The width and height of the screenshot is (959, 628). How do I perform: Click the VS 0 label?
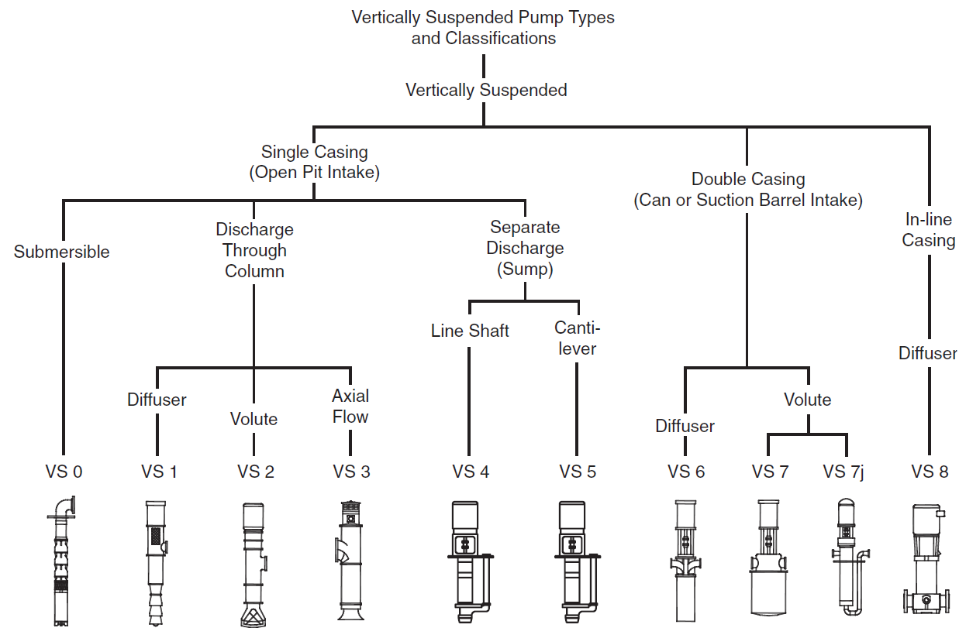[x=63, y=472]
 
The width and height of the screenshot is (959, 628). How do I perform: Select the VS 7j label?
[x=843, y=472]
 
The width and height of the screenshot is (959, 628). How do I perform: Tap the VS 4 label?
[x=471, y=472]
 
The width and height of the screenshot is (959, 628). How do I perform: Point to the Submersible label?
[x=62, y=252]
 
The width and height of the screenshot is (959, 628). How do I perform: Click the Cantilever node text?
[x=578, y=338]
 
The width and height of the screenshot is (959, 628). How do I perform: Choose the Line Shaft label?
[x=470, y=331]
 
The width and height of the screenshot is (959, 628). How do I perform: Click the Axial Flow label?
[x=350, y=407]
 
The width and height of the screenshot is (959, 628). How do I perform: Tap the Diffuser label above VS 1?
[x=157, y=400]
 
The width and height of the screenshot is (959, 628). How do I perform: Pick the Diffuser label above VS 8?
[x=928, y=353]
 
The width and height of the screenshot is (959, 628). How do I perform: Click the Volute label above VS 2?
[x=254, y=419]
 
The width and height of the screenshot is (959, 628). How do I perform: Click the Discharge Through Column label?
[x=254, y=250]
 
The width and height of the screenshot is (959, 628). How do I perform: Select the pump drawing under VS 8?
[x=928, y=561]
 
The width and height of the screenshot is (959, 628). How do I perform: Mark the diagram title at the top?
[x=483, y=27]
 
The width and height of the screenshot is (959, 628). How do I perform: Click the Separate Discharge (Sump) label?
[x=526, y=249]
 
